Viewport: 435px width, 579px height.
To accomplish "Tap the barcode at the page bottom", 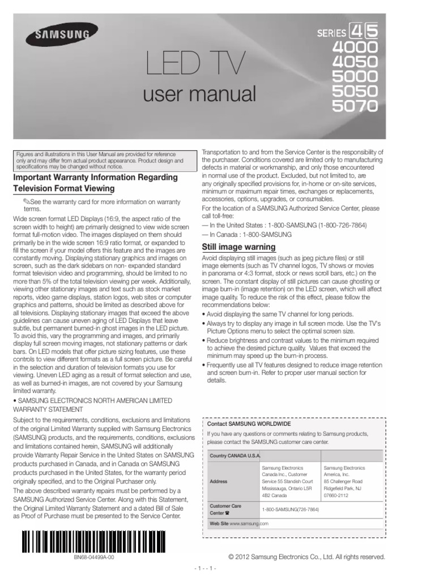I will coord(94,541).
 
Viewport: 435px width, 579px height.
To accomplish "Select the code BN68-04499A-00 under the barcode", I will coord(94,557).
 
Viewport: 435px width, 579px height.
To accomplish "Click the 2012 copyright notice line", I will coord(306,557).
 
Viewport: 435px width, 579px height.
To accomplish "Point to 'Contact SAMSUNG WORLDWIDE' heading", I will coord(241,423).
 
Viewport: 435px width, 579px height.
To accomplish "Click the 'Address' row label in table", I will coord(219,481).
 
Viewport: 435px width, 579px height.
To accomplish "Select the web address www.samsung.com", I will coord(249,524).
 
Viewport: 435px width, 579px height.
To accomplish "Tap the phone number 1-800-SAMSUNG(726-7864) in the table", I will coord(290,509).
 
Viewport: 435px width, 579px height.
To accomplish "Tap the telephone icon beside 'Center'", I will coord(228,513).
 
